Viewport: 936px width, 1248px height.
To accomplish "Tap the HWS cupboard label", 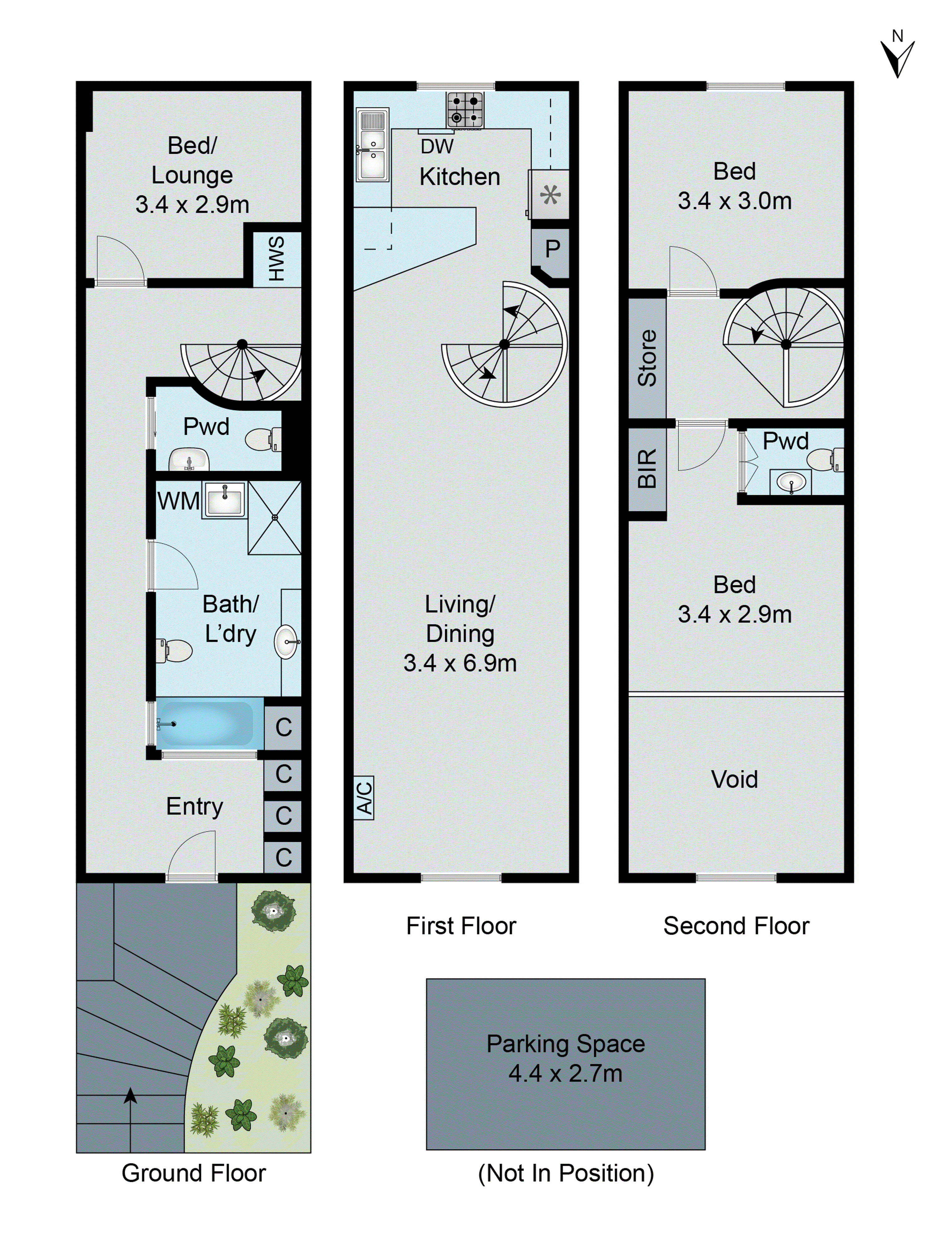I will [x=276, y=259].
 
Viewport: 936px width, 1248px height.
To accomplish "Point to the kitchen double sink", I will [x=372, y=145].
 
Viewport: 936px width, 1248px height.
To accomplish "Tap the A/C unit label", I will [x=364, y=798].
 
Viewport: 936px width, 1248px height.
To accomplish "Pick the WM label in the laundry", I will [x=178, y=501].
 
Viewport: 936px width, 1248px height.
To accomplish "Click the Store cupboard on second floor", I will [x=647, y=358].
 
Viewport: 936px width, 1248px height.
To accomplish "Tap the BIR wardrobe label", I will [x=647, y=468].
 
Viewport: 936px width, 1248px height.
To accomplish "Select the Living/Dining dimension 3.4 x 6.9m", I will [x=460, y=663].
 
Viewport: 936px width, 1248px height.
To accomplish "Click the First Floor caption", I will [x=461, y=926].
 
